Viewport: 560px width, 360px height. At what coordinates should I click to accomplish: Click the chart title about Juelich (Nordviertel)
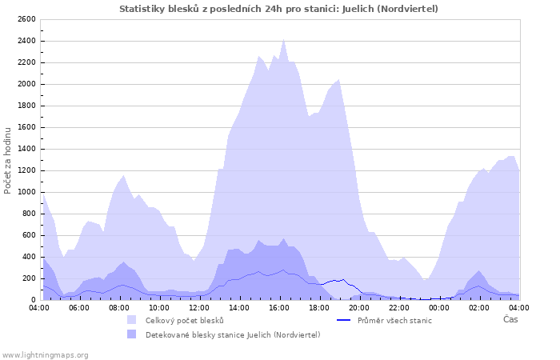pos(278,9)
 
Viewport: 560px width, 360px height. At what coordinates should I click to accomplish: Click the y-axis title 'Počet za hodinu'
pos(9,159)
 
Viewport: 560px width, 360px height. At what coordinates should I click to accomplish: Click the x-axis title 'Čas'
pos(510,319)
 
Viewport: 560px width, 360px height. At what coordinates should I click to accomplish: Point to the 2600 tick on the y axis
pos(26,19)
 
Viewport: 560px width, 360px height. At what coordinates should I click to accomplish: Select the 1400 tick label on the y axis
pos(26,149)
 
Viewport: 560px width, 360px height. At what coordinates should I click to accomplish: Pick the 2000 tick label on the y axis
pos(26,84)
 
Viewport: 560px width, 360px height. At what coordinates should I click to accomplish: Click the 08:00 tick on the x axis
pos(119,306)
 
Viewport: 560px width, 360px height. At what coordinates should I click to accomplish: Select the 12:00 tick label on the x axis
pos(199,306)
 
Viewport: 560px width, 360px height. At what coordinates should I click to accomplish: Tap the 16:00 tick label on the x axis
pos(279,306)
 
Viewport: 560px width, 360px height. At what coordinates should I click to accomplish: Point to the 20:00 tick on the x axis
pos(359,306)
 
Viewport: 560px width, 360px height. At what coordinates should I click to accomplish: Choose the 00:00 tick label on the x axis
pos(439,306)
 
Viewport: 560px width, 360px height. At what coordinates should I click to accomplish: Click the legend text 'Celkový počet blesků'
pos(190,320)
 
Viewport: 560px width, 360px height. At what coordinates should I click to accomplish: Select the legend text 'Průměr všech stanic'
pos(395,320)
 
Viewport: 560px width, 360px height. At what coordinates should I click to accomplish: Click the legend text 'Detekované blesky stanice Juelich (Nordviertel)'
pos(233,334)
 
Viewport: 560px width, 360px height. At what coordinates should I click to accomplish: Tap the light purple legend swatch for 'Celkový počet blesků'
pos(131,320)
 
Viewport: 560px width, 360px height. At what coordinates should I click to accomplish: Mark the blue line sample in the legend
pos(344,320)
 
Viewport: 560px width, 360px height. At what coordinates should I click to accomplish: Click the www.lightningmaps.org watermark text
pos(45,354)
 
